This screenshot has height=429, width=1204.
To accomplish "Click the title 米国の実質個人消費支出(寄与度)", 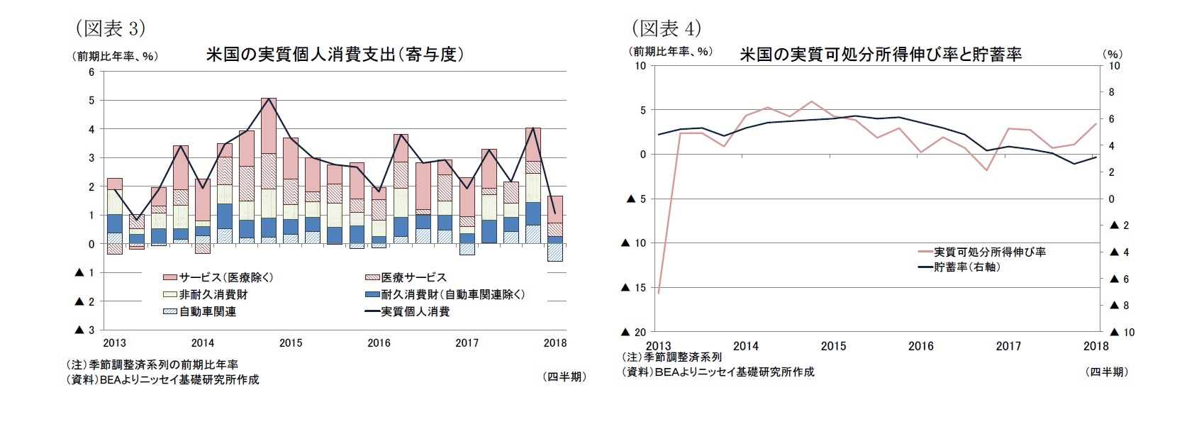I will point(335,55).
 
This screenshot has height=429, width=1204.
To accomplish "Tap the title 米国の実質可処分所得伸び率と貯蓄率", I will point(880,55).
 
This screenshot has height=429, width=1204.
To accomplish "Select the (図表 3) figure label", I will point(110,28).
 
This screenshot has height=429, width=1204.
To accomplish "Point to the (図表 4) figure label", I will point(666,28).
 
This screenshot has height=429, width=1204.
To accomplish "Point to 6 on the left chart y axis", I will point(91,72).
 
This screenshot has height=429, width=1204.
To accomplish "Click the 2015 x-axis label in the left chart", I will point(291,343).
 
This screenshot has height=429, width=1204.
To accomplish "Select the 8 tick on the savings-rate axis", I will point(1111,92).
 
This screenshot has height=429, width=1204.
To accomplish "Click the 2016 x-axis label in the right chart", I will point(921,346).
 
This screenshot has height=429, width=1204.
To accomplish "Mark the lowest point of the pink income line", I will point(659,293).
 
